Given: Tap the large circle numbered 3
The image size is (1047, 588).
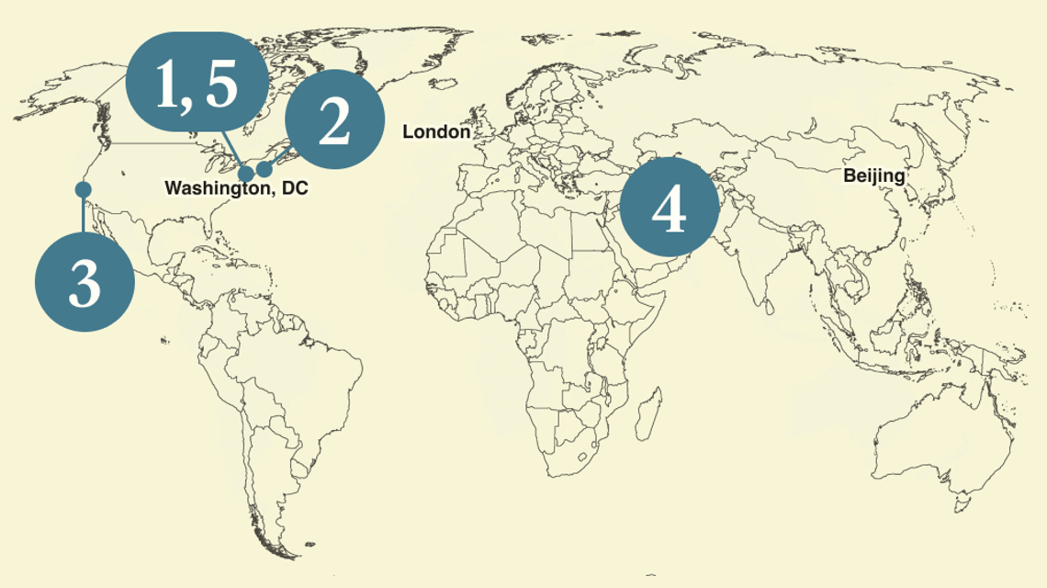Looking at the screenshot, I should coord(84,281).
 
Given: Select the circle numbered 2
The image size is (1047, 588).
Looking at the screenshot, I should coord(333,119).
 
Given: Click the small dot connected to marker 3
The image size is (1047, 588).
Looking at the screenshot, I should coord(83,189).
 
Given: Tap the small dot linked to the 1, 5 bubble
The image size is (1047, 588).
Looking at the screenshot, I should coord(246,175).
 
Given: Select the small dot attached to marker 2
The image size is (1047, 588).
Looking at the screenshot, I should coord(265,169).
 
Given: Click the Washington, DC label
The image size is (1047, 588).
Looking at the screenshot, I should coord(236,188).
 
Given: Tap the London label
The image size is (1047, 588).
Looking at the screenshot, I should coord(436,132).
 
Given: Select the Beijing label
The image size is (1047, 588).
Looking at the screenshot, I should coord(874,175).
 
